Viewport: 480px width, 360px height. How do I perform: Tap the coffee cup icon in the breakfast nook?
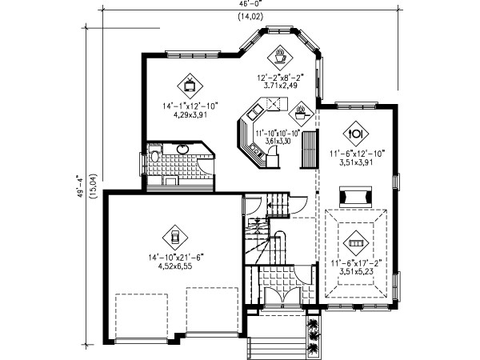tap(281, 56)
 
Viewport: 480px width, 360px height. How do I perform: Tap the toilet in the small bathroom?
tap(154, 157)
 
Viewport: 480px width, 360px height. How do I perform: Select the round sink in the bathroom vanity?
tap(183, 149)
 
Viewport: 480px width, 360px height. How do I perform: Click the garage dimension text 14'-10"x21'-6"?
tap(174, 257)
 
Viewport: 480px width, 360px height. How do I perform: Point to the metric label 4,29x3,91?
tap(190, 114)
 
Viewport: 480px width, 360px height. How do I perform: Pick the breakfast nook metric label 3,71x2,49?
tap(280, 84)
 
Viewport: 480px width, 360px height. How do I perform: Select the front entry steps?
tap(273, 347)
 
